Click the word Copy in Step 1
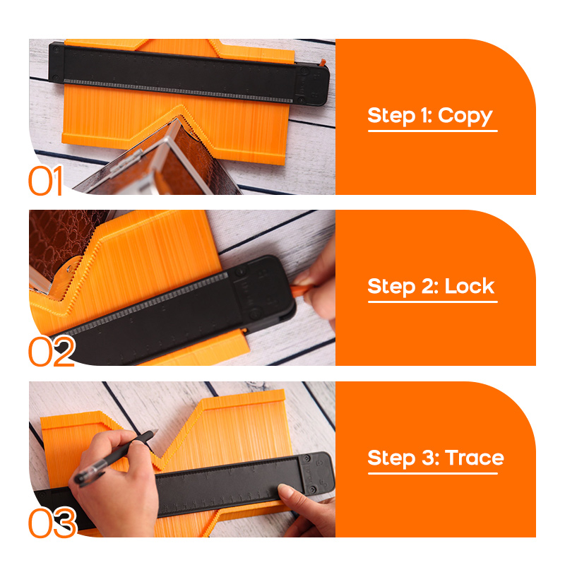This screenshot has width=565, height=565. pos(465,117)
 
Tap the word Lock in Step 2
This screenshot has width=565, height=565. pos(469,287)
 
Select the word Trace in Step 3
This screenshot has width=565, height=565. pos(474,458)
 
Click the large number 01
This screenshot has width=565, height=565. pos(46,181)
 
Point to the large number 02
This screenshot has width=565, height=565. pos(52,351)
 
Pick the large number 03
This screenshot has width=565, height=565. pos(52,522)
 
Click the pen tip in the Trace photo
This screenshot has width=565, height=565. pos(157,430)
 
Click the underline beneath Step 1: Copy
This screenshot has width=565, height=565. pos(432,131)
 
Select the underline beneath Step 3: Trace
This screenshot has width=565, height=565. pos(432,473)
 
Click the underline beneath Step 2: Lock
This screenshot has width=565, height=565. pos(432,302)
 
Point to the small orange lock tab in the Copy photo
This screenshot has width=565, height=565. pos(323,62)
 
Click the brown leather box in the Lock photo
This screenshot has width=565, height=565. pos(61,245)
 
